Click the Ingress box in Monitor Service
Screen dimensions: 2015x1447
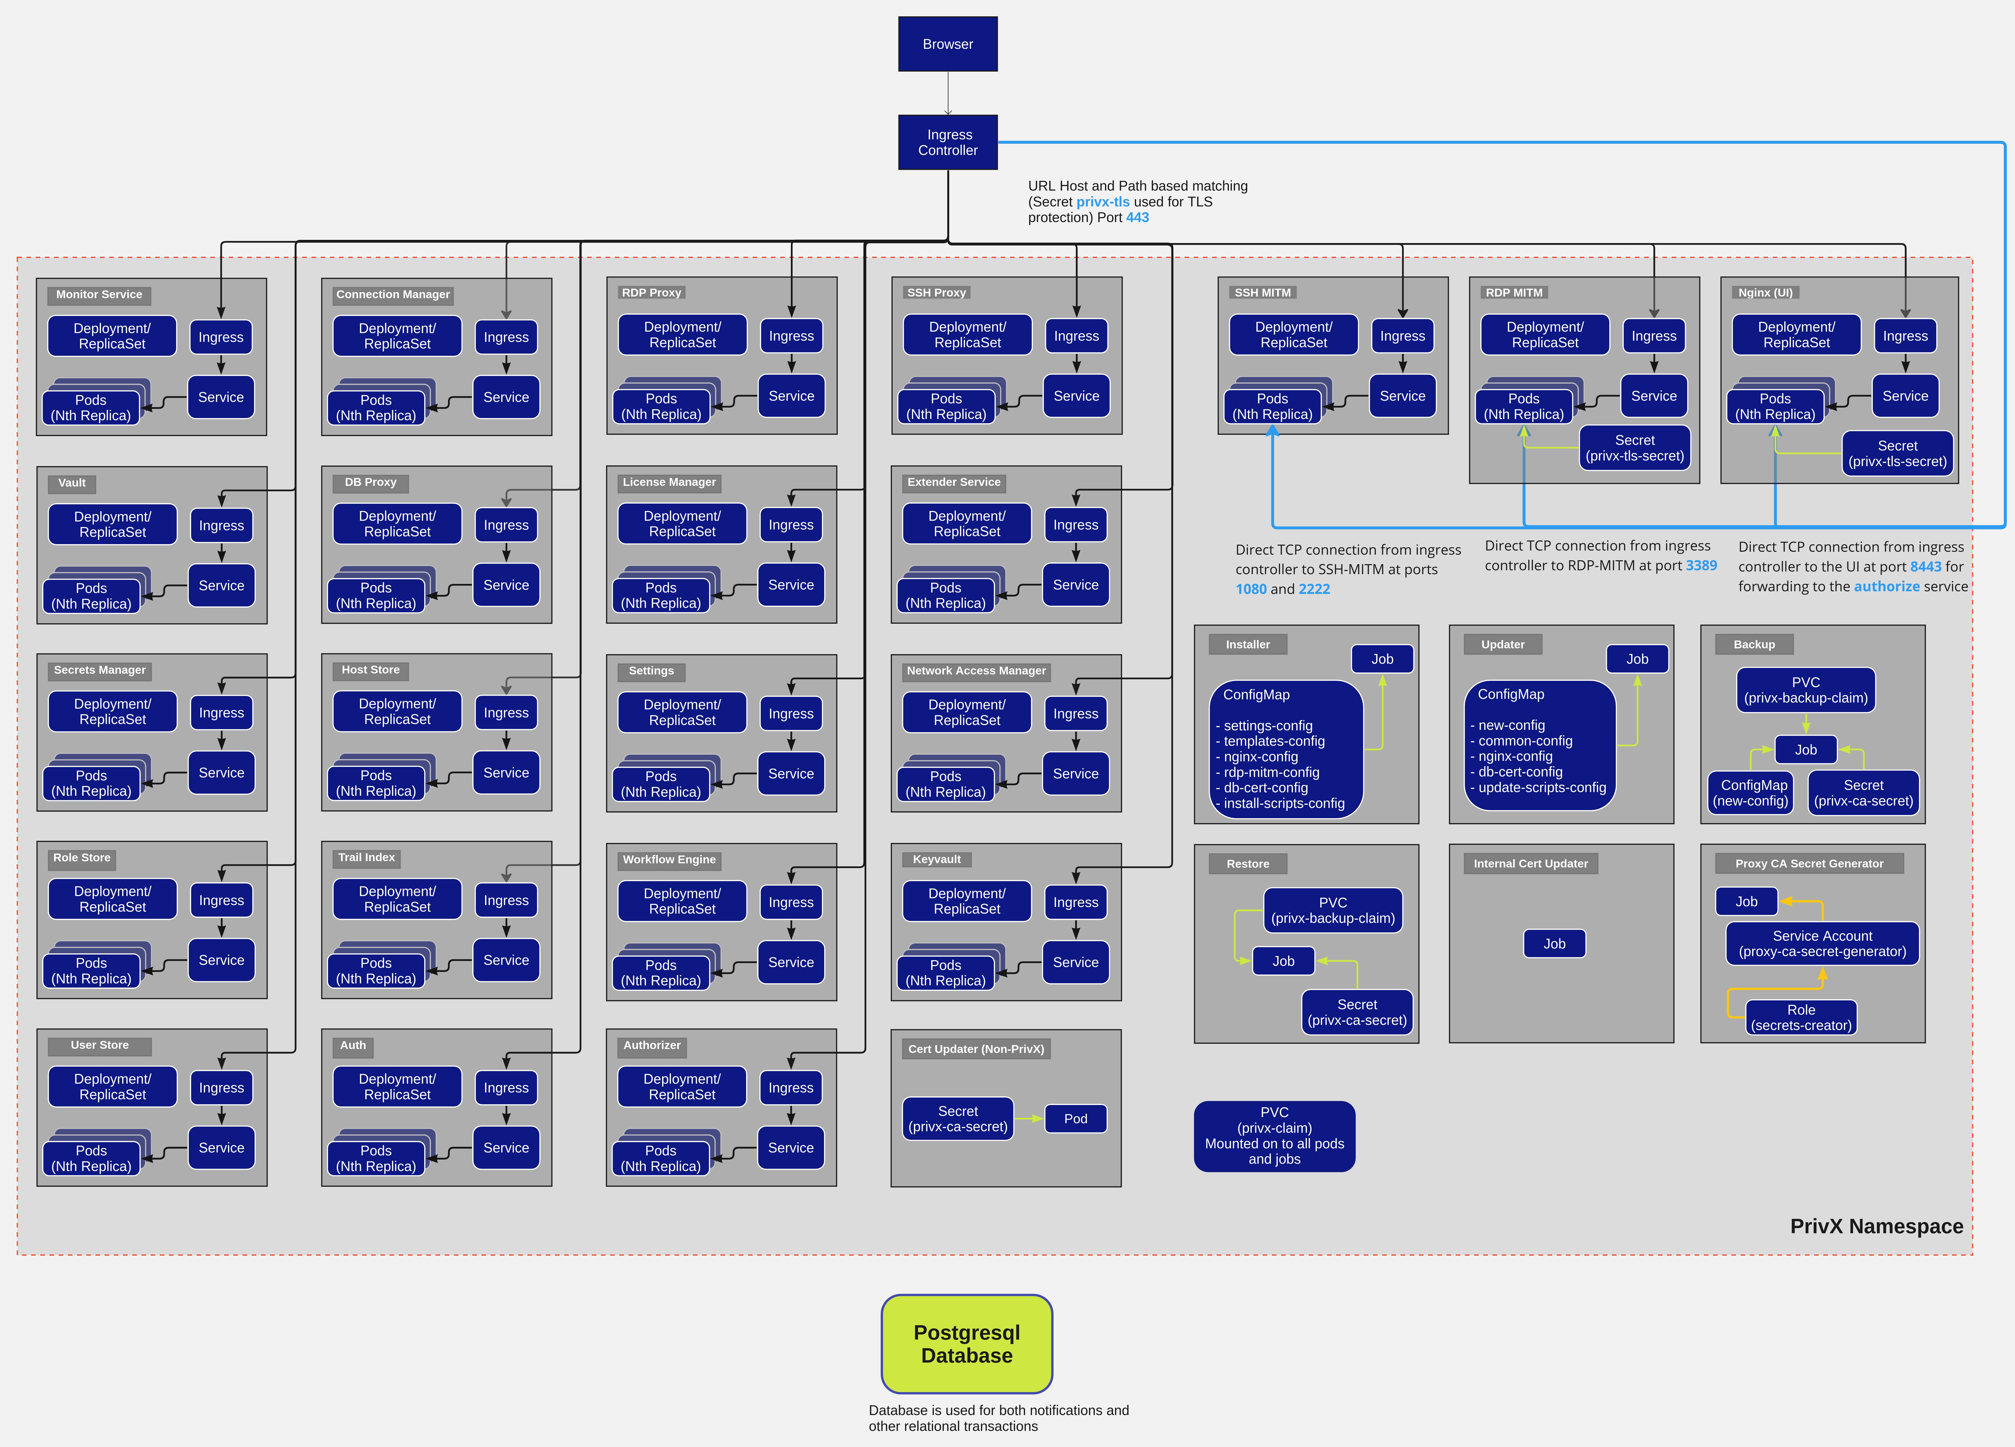221,337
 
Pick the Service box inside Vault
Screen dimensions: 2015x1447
221,585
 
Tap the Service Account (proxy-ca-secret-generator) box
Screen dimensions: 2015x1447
1822,943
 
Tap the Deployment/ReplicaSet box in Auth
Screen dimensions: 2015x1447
397,1086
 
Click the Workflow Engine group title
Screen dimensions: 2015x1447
669,859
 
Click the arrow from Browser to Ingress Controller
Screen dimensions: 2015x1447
948,93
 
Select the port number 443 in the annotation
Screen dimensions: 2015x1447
1137,218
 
